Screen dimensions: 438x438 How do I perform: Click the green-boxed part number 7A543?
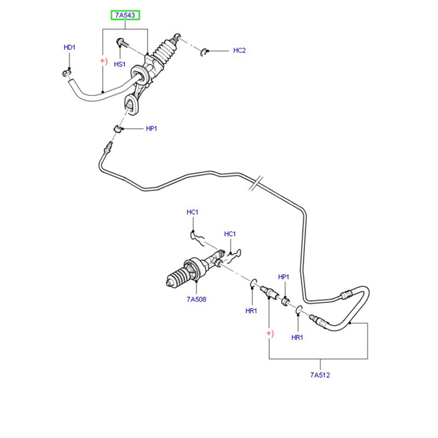(x=126, y=15)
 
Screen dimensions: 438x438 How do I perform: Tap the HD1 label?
(x=69, y=48)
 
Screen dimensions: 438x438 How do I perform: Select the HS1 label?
(x=120, y=65)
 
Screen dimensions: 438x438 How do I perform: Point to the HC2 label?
(x=239, y=51)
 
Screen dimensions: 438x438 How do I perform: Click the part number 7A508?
(x=196, y=299)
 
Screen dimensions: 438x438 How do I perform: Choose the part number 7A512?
(x=320, y=375)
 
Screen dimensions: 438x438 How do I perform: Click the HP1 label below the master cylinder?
(x=152, y=129)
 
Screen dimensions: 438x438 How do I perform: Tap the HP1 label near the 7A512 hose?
(x=283, y=277)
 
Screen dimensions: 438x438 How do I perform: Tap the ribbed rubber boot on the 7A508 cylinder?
(x=177, y=280)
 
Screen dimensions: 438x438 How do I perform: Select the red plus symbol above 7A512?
(x=269, y=333)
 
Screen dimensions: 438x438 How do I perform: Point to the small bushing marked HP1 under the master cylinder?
(x=117, y=129)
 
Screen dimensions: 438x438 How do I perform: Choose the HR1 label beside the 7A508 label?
(x=251, y=310)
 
